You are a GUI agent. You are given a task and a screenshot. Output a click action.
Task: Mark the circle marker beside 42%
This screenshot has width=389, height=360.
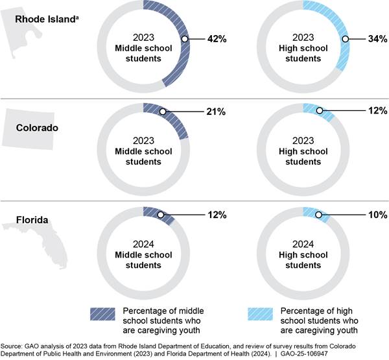[185, 39]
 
